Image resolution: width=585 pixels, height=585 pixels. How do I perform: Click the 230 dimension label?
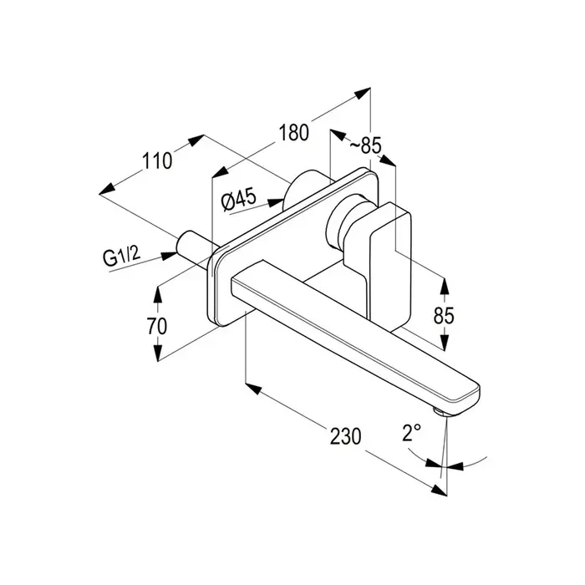[x=345, y=436]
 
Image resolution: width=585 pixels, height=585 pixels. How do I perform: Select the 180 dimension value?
[x=294, y=132]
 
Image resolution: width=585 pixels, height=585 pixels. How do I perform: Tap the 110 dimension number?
[x=157, y=160]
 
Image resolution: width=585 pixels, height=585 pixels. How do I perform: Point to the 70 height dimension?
[x=157, y=327]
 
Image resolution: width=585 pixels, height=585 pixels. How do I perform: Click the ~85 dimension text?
[x=366, y=145]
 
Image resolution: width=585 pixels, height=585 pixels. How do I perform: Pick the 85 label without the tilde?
[x=444, y=316]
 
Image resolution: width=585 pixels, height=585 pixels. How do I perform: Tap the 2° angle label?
[x=411, y=432]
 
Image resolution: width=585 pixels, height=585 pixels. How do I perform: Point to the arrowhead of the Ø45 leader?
[x=276, y=202]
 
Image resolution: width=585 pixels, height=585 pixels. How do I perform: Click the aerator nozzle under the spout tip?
[x=442, y=411]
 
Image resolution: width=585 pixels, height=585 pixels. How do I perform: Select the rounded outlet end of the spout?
[x=467, y=396]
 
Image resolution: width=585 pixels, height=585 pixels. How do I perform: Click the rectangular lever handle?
[x=390, y=266]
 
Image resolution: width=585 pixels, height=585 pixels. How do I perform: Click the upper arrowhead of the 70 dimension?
[x=158, y=294]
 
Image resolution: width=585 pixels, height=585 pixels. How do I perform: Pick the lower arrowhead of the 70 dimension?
[x=158, y=353]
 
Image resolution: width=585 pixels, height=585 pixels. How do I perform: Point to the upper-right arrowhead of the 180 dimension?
[x=362, y=93]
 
